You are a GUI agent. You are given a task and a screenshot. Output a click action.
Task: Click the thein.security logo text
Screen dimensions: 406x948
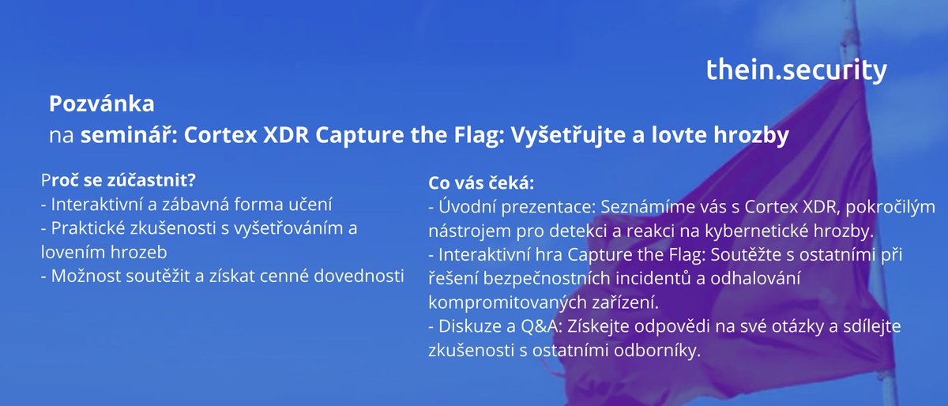tap(796, 70)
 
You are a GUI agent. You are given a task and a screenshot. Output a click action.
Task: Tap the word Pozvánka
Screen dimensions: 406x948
tap(101, 104)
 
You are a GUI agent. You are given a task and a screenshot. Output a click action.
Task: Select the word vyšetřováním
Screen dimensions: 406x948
tap(292, 228)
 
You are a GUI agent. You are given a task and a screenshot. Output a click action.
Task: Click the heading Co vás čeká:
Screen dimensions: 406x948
tap(481, 184)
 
